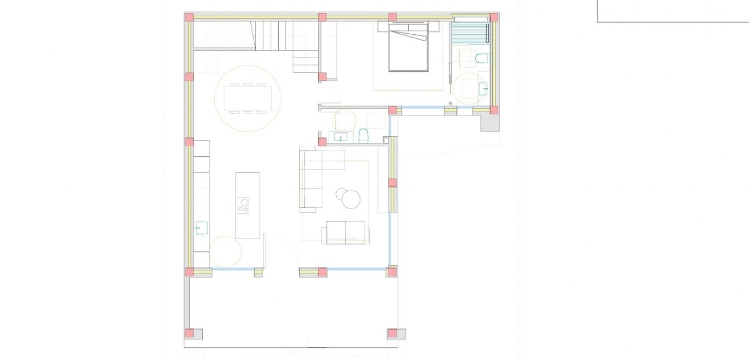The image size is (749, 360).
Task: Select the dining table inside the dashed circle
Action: [248, 98]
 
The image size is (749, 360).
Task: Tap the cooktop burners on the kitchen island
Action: [244, 205]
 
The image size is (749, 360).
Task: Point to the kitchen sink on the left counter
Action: [201, 227]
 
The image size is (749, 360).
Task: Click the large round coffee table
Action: [351, 199]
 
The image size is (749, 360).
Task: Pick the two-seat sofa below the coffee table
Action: [346, 232]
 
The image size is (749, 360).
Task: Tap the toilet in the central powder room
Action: [364, 136]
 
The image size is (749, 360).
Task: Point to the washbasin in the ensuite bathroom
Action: [484, 89]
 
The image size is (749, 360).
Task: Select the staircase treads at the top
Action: [279, 35]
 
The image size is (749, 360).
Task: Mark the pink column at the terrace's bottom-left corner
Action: [189, 333]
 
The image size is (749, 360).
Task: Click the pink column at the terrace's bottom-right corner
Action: [392, 333]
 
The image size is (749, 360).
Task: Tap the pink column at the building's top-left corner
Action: [189, 17]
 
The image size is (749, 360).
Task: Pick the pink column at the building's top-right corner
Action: [494, 17]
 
